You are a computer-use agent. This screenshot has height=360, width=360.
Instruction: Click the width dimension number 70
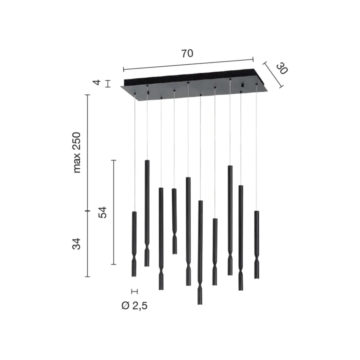click(187, 54)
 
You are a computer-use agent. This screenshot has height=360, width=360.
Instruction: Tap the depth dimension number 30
click(281, 69)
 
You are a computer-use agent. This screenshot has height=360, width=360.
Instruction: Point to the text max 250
click(77, 153)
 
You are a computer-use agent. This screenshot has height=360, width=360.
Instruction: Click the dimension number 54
click(102, 213)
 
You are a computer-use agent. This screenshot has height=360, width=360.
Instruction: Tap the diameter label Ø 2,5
click(134, 306)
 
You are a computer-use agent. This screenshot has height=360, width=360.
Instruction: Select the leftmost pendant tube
click(134, 235)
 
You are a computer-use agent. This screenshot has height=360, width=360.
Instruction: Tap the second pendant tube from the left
click(147, 205)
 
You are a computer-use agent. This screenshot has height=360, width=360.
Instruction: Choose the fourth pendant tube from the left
click(174, 212)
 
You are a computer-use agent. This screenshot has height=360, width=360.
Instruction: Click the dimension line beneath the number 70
click(188, 64)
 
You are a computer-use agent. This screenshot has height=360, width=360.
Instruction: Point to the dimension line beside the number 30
click(273, 75)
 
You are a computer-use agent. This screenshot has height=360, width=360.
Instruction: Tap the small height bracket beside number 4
click(108, 84)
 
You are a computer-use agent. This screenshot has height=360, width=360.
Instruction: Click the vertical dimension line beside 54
click(113, 212)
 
